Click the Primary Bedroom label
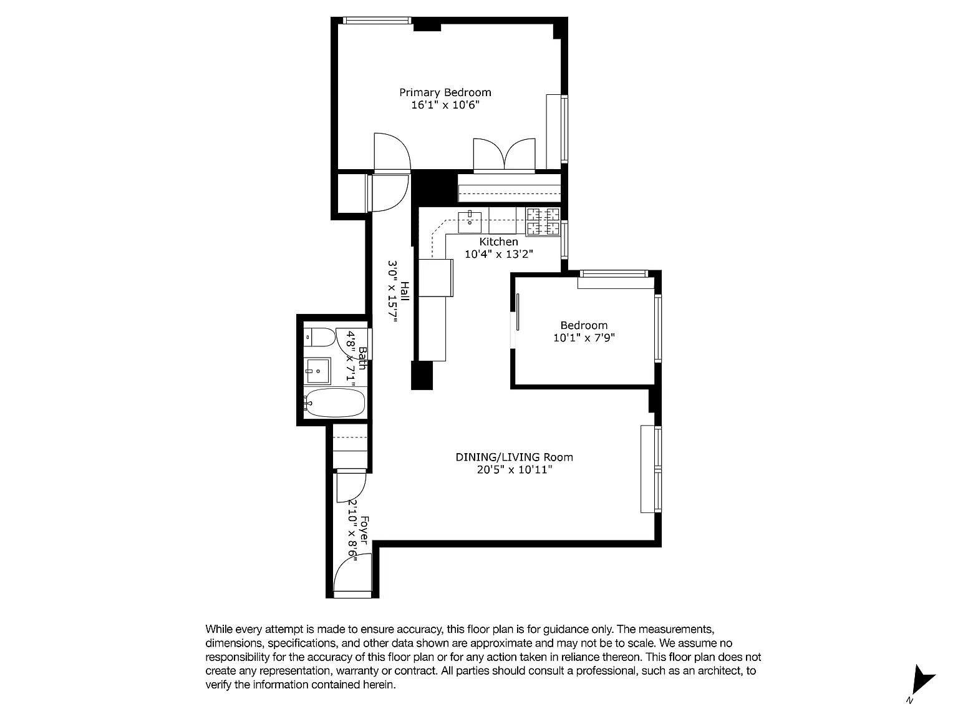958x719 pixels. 445,92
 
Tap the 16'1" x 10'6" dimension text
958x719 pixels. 445,105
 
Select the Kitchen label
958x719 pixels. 498,242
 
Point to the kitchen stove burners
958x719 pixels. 543,222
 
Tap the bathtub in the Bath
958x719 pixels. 335,403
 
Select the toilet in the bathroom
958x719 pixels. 319,337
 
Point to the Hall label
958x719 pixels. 405,291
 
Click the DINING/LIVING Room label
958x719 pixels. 514,457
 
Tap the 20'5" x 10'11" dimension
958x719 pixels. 515,470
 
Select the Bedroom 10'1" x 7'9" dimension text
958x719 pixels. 584,338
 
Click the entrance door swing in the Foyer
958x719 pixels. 352,573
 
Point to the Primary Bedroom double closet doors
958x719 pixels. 504,154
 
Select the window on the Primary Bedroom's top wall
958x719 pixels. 377,21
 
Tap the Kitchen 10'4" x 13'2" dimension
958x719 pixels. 498,254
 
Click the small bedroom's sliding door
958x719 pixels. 518,311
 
